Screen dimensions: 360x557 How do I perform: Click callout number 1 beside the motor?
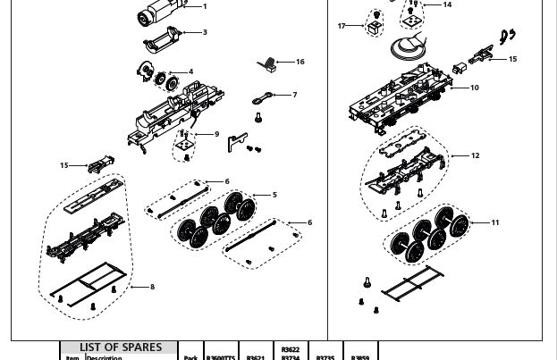[x=205, y=7]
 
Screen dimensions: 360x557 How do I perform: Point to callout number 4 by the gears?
[x=190, y=72]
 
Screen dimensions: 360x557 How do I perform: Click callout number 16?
[x=300, y=62]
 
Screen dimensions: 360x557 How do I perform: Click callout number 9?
[x=216, y=135]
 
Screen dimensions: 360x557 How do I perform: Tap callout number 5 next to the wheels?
[x=274, y=195]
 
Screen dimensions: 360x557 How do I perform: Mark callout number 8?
[x=152, y=287]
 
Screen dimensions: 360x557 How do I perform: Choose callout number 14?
[x=447, y=5]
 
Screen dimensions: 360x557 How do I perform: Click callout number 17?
[x=342, y=26]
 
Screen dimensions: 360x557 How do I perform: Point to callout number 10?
[x=474, y=88]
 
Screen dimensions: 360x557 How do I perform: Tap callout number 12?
[x=475, y=155]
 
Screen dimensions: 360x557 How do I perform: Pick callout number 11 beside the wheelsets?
[x=495, y=222]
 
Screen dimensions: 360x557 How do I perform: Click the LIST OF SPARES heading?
[x=121, y=347]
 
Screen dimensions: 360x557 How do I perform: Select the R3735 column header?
[x=325, y=357]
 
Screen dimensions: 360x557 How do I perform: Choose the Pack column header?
[x=190, y=357]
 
